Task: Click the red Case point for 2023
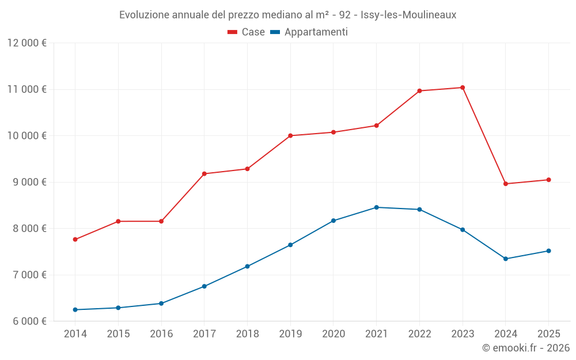(463, 88)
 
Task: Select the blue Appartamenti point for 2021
(377, 207)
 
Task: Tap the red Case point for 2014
(75, 240)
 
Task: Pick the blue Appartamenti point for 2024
(506, 259)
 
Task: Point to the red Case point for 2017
(204, 174)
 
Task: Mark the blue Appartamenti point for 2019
(290, 245)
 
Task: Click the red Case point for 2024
(506, 184)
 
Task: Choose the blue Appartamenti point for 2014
(75, 310)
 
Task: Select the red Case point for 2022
(419, 91)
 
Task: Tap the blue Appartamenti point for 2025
(548, 251)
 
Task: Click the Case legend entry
(247, 32)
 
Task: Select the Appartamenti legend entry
(309, 32)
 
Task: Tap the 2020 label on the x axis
(334, 334)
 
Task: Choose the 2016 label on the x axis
(161, 334)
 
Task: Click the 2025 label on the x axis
(548, 334)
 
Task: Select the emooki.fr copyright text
(526, 348)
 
